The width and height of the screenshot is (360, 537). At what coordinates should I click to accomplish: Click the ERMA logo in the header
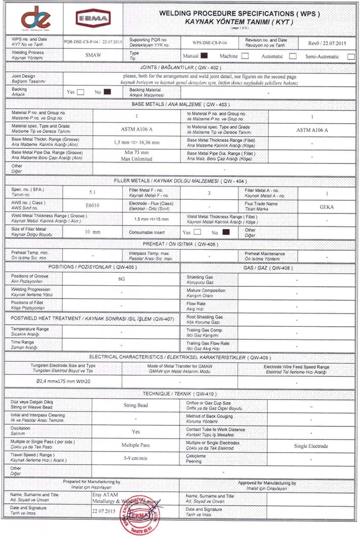[x=93, y=19]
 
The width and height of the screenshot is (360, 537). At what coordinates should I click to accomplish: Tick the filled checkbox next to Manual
[x=204, y=55]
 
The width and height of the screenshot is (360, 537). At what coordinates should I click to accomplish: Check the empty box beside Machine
[x=245, y=56]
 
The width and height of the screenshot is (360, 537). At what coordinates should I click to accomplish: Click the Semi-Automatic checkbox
[x=351, y=56]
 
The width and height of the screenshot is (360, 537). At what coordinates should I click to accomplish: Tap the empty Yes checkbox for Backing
[x=81, y=92]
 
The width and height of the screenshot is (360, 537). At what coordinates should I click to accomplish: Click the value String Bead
[x=136, y=405]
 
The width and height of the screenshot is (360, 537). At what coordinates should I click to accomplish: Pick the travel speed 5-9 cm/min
[x=136, y=458]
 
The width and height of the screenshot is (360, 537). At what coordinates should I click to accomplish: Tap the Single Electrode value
[x=311, y=446]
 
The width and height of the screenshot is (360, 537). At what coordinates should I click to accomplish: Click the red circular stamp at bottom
[x=139, y=514]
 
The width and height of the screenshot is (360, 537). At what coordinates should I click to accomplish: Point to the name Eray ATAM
[x=106, y=495]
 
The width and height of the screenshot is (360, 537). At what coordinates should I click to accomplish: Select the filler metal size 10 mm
[x=93, y=231]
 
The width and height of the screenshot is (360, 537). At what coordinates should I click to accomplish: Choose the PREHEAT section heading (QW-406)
[x=180, y=244]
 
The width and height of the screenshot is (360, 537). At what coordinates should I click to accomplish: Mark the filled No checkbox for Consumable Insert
[x=226, y=232]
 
